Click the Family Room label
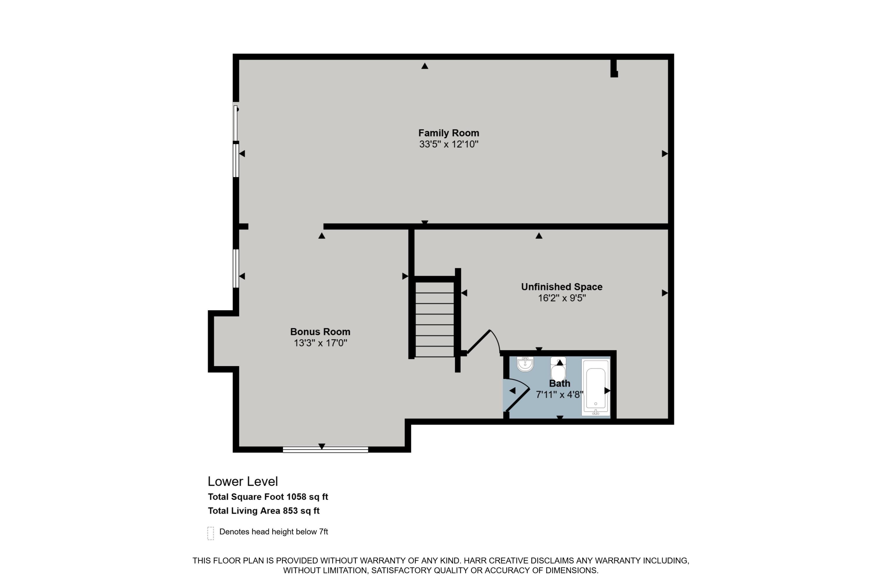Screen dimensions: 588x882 click(x=449, y=133)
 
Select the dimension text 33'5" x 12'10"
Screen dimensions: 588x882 click(x=449, y=144)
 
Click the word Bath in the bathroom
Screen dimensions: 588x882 click(x=559, y=384)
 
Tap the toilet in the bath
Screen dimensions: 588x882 click(x=558, y=369)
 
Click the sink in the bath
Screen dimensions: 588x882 click(x=525, y=364)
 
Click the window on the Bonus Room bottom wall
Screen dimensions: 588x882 click(x=325, y=450)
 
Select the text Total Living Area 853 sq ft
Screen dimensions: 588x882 click(x=264, y=511)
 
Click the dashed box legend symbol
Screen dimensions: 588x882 click(x=211, y=533)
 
